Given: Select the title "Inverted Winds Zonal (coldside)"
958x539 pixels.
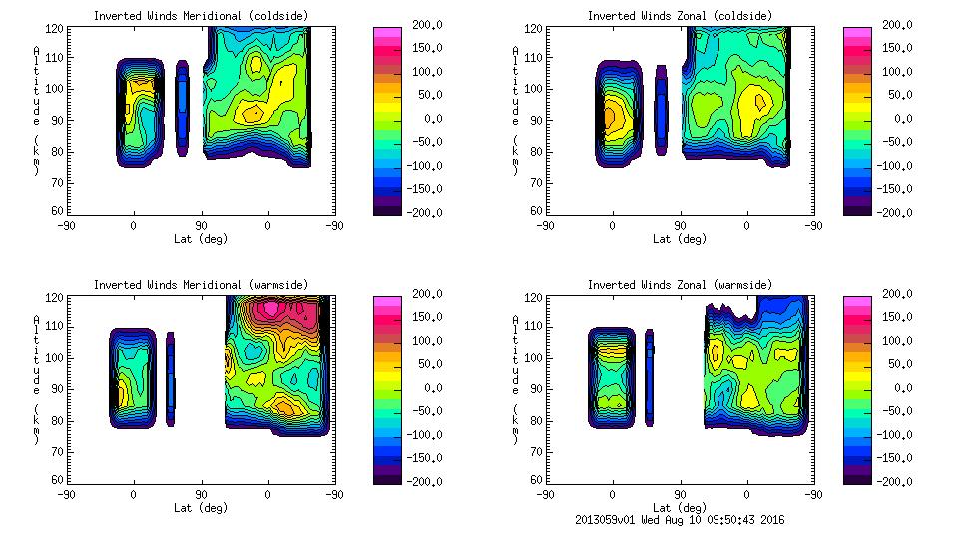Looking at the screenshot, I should point(679,16).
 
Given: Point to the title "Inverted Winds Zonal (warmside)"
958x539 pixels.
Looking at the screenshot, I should point(679,285).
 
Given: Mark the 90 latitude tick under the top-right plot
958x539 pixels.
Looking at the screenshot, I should point(681,226).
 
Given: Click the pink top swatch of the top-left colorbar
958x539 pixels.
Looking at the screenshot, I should point(386,33).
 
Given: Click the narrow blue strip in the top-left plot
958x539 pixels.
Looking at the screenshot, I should point(182,107).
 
